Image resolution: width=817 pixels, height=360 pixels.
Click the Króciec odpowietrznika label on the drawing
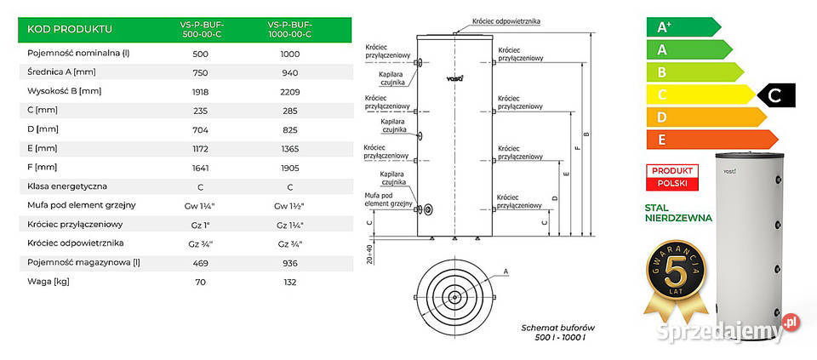pyautogui.click(x=508, y=20)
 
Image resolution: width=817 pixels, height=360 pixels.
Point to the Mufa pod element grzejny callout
pyautogui.click(x=390, y=199)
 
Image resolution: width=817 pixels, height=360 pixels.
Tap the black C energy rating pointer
pyautogui.click(x=777, y=96)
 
